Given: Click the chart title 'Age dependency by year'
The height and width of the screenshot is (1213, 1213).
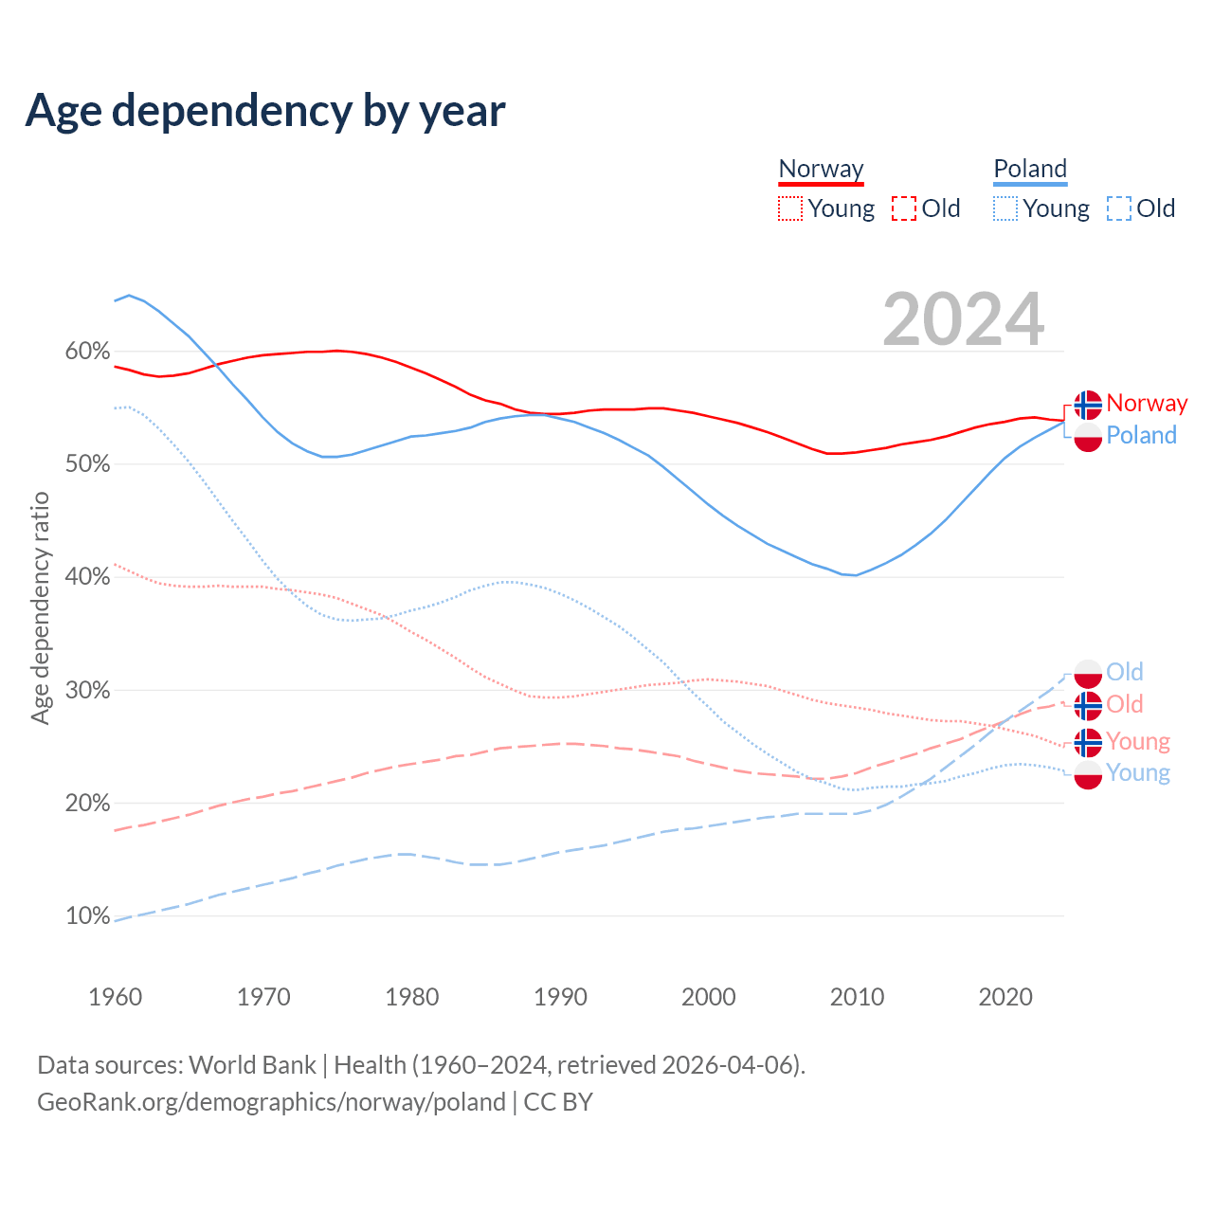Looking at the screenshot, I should coord(265,110).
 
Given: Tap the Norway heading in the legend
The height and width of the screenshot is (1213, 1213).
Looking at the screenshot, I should coord(821,170).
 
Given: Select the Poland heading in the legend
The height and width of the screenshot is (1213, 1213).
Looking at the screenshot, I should coord(1030,170).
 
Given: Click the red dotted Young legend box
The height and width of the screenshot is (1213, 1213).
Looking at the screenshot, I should coord(790,208).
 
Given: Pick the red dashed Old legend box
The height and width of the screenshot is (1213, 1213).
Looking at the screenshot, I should coord(904,208).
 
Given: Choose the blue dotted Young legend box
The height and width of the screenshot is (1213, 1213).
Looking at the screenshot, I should coord(1005,208).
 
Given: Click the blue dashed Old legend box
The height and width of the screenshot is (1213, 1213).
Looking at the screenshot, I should coord(1119,208).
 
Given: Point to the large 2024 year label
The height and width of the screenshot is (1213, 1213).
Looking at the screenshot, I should coord(963,320).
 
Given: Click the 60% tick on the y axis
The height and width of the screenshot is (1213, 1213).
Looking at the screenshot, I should coord(87,352).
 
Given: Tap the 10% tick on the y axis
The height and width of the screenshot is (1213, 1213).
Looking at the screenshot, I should coord(87,916).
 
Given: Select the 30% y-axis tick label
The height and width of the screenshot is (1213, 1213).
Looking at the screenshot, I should coord(87,691).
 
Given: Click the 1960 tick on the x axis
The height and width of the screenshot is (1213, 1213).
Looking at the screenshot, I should coord(115,997).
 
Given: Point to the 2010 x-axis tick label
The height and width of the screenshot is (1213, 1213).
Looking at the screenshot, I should coord(857,997).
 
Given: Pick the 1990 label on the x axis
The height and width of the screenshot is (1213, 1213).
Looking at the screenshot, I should coord(560,997).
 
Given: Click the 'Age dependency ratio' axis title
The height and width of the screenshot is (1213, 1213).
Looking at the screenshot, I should coord(40,607).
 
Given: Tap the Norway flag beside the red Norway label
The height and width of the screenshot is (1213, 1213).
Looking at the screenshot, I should coord(1088,405).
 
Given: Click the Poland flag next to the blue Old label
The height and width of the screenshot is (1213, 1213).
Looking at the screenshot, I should coord(1088,674).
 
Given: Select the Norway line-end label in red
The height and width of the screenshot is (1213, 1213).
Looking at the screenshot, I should coord(1147,404).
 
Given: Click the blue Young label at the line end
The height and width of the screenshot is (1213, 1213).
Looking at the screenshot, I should coord(1138,773).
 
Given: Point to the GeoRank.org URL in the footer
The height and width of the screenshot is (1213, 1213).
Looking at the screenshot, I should coord(271,1102).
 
